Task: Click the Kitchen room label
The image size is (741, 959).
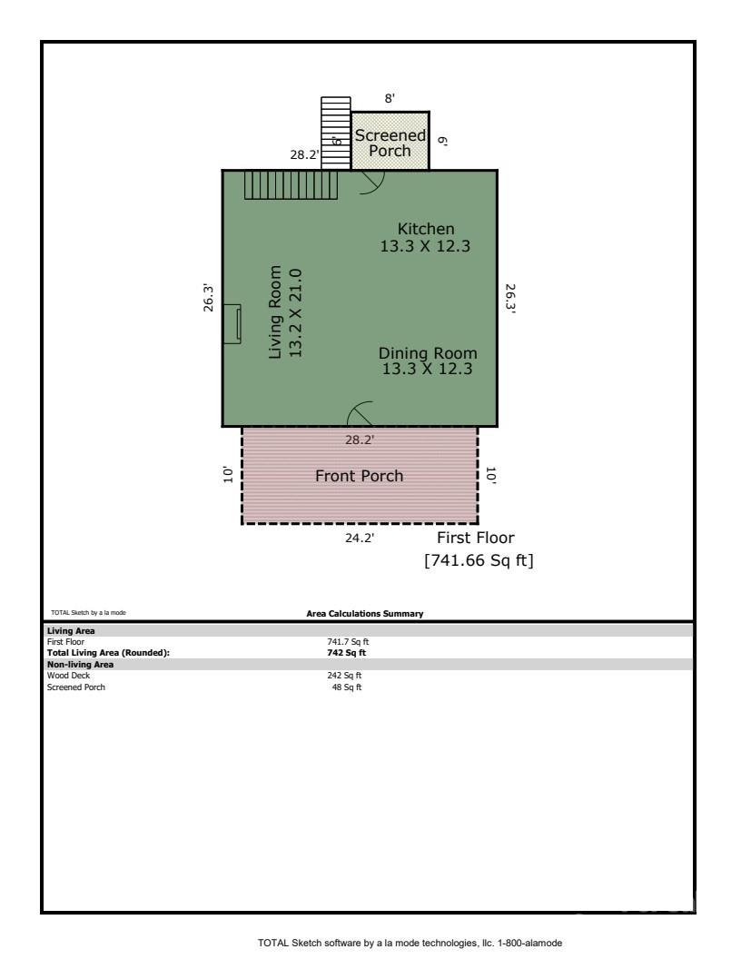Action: coord(425,228)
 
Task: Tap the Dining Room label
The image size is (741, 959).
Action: coord(428,353)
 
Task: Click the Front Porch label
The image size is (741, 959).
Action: coord(359,476)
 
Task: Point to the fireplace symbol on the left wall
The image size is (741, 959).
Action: coord(232,324)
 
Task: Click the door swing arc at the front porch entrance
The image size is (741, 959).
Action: coord(361,413)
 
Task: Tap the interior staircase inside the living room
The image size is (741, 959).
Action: coord(291,185)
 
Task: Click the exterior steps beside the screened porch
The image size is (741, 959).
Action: coord(335,133)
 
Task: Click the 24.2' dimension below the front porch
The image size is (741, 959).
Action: coord(359,538)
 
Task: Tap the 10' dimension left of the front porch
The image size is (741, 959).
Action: coord(230,474)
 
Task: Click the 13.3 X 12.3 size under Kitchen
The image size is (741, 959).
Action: coord(425,245)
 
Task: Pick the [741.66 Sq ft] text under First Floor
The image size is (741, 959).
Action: coord(479,561)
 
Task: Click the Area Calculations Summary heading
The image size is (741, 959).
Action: coord(364,614)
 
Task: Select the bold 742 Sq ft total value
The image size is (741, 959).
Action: coord(347,652)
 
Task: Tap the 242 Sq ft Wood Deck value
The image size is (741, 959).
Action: coord(347,675)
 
